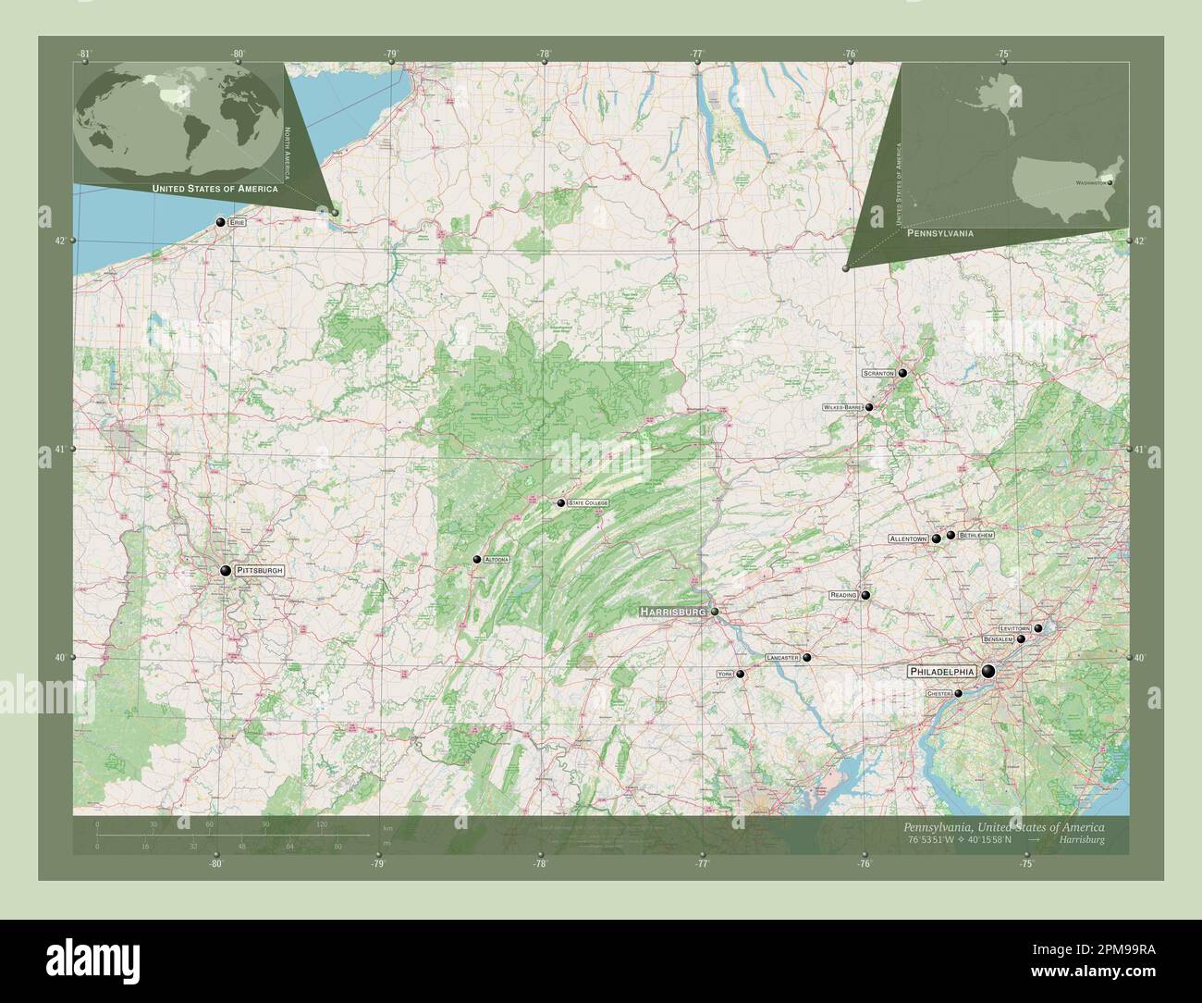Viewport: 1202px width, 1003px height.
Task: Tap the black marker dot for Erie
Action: pos(221,222)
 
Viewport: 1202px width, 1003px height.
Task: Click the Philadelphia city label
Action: pos(942,672)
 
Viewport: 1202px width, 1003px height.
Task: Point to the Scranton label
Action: pos(878,373)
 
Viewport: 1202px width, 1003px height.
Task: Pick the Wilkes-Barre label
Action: pos(842,407)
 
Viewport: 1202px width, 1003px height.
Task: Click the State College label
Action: pos(589,502)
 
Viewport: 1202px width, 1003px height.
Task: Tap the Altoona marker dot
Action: pos(477,559)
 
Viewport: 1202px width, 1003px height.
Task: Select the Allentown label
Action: pos(908,539)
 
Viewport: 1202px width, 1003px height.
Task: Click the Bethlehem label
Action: pos(976,536)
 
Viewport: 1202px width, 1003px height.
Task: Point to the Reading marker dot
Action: pos(865,595)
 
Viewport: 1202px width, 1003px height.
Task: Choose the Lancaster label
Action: pos(782,658)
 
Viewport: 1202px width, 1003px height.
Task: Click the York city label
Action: pos(725,675)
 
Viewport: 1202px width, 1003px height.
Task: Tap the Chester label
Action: pos(938,693)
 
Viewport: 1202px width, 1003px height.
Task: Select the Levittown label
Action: pos(1013,629)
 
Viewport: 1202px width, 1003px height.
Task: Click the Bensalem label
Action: pos(998,639)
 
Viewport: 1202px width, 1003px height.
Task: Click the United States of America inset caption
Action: pos(215,188)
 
